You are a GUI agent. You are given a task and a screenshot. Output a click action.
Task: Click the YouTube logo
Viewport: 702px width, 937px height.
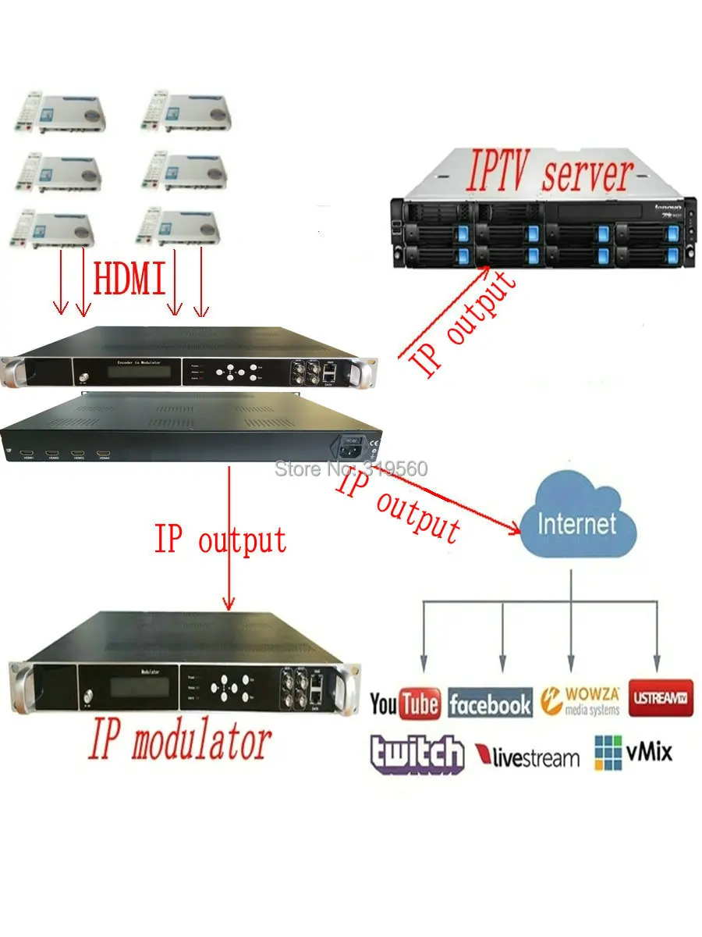point(405,704)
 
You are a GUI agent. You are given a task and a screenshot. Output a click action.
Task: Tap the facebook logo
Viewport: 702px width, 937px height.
point(490,705)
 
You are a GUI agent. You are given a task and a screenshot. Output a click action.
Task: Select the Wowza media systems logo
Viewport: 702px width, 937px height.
point(580,700)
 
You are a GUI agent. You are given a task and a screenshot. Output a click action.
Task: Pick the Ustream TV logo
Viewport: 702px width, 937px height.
point(661,697)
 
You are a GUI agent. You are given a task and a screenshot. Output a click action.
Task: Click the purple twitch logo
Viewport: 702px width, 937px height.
point(417,754)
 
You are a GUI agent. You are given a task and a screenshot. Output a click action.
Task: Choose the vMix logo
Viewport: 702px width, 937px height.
point(633,753)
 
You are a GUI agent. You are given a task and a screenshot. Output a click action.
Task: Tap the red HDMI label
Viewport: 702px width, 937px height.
point(129,279)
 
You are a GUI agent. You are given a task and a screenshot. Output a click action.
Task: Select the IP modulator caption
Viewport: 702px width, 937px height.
point(179,742)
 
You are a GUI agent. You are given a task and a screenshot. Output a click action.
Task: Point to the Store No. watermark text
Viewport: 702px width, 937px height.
point(351,469)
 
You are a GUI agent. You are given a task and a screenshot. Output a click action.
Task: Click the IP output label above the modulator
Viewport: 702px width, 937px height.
point(220,540)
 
